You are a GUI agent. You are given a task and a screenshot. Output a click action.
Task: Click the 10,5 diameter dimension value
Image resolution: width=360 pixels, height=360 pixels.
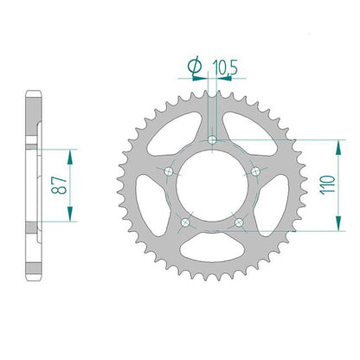coord(225,68)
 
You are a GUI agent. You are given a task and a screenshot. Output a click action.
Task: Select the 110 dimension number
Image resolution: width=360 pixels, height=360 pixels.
coord(328,184)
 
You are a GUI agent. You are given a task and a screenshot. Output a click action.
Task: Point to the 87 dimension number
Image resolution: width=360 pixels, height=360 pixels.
coord(60,185)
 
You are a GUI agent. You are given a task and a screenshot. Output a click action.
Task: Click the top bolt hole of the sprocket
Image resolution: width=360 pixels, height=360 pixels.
coord(212,140)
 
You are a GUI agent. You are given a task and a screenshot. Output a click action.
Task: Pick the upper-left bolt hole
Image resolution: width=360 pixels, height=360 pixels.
coord(169,172)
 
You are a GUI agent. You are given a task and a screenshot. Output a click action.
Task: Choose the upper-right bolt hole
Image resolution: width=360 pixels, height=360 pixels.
coord(255,172)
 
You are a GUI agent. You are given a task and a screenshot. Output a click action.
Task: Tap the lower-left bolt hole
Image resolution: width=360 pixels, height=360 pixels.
coord(185,222)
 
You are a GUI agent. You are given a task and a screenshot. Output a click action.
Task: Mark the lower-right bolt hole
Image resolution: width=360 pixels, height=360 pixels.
coord(239,222)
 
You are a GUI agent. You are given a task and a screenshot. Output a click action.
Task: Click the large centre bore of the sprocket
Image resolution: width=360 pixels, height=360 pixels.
coord(212,186)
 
